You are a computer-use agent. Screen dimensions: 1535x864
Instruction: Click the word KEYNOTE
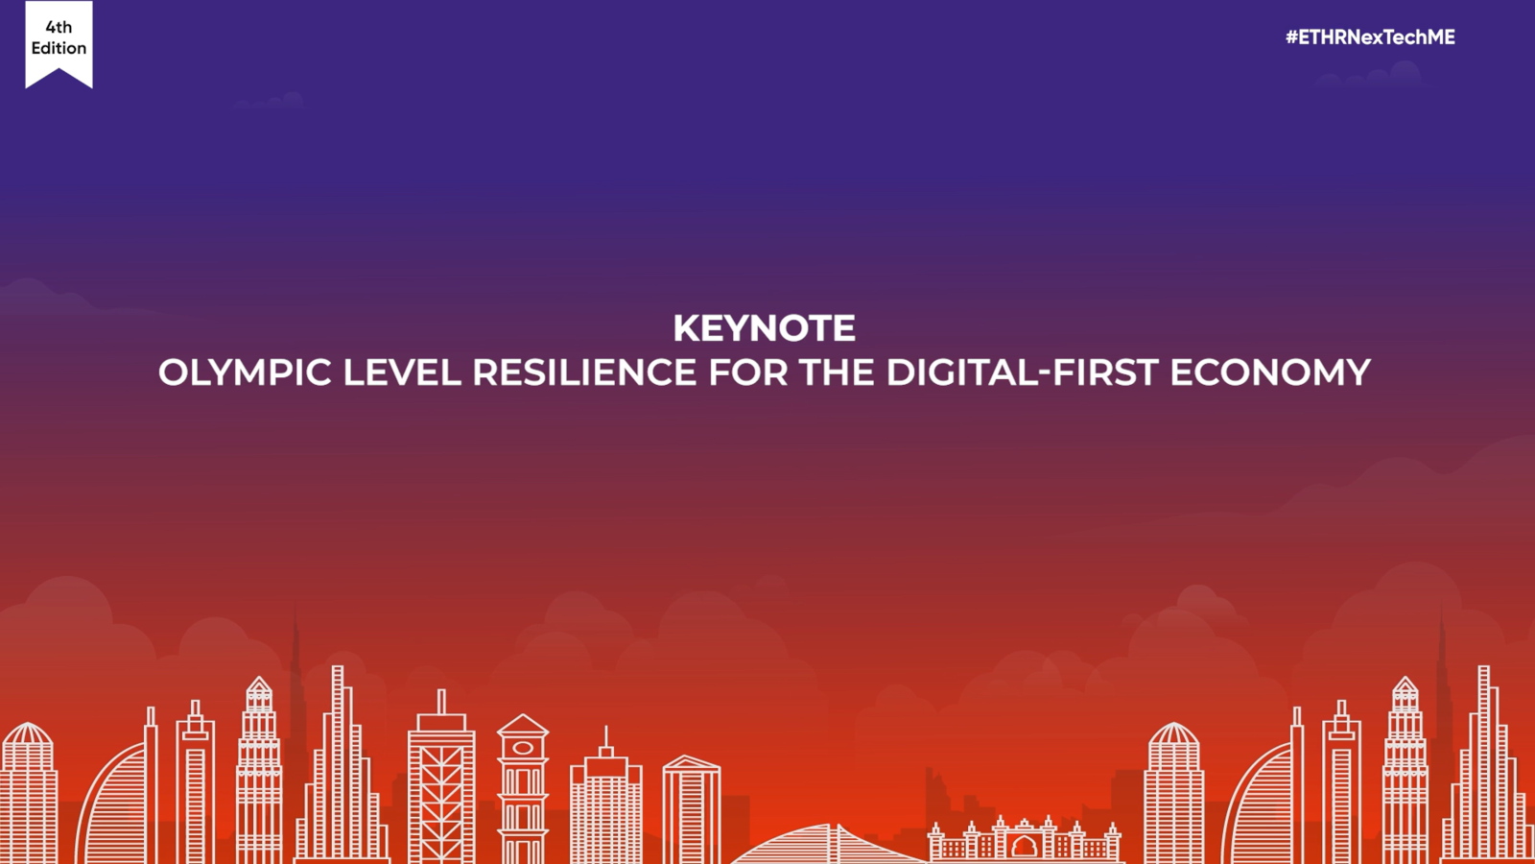764,327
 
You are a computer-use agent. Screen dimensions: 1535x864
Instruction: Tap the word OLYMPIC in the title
245,372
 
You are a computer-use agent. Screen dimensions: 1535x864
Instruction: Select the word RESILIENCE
584,372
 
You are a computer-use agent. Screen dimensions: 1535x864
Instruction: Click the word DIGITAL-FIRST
1023,372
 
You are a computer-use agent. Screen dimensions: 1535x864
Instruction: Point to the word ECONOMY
1270,372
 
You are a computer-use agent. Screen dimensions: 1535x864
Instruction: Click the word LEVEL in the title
402,372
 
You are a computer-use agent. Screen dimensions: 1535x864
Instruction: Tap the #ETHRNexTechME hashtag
1370,37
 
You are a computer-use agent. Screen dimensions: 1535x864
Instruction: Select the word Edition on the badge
59,48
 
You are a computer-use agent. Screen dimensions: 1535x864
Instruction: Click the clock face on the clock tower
522,748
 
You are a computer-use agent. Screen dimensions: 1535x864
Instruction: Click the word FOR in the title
747,372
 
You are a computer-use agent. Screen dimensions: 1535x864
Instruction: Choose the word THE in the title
836,372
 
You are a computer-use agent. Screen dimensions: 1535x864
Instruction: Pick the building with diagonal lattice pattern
441,788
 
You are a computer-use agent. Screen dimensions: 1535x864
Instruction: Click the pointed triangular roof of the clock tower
522,724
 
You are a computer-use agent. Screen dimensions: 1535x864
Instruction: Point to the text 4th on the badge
59,27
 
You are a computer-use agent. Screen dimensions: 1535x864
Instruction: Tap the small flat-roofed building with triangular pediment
691,809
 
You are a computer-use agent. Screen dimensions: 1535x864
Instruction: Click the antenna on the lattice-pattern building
441,702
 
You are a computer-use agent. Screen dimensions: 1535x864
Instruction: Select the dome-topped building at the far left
28,792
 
